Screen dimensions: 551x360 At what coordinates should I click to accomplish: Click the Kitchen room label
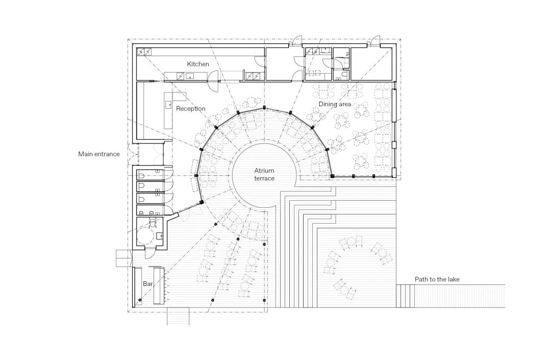198,64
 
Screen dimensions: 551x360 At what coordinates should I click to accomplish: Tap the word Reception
190,109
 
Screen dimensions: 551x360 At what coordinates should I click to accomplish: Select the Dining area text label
335,104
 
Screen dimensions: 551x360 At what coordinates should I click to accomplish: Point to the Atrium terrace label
264,174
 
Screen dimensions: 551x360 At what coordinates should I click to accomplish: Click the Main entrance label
99,154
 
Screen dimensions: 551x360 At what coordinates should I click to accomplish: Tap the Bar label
147,284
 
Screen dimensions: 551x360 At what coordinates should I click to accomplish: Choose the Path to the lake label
437,279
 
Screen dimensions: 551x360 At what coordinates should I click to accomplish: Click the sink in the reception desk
168,104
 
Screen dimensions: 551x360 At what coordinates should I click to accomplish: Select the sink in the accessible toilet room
159,235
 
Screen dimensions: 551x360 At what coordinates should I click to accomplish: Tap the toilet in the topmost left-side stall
140,176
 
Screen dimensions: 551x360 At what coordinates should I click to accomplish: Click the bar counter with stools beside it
159,285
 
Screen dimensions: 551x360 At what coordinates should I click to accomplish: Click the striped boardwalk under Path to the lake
451,296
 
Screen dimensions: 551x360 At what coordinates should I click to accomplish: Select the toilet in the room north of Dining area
344,76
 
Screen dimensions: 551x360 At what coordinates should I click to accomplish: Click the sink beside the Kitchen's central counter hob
190,76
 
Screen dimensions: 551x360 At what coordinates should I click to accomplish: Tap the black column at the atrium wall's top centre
264,107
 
